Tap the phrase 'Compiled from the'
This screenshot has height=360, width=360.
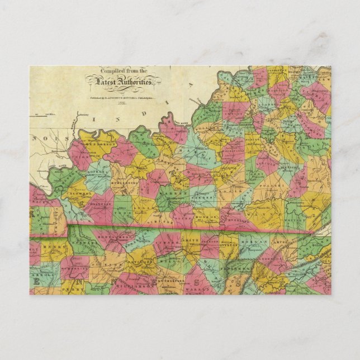tap(122, 71)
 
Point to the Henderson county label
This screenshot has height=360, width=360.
tap(100, 144)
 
